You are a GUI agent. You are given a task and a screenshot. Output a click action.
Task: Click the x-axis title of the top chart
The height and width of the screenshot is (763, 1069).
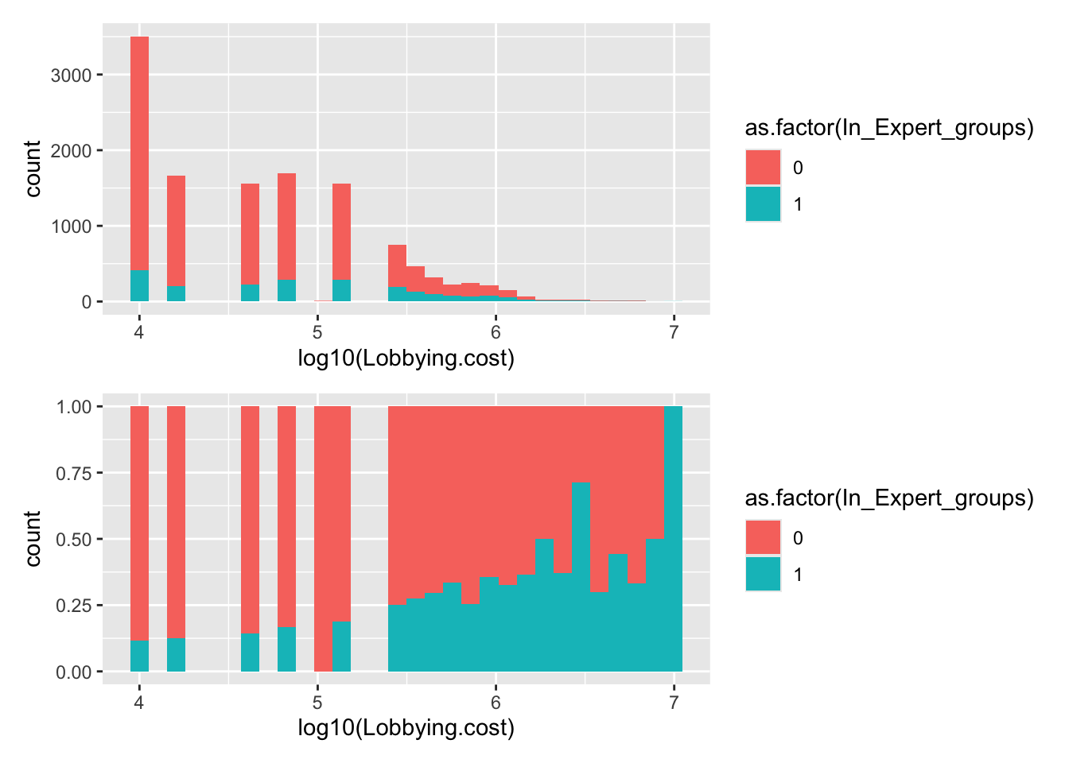click(x=406, y=358)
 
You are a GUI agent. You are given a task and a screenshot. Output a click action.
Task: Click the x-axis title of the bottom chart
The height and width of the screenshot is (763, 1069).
click(x=406, y=728)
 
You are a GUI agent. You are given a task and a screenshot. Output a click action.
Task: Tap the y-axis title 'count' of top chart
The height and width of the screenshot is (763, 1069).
click(x=33, y=168)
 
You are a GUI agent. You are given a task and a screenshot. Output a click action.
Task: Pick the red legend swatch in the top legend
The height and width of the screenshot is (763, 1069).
click(x=763, y=168)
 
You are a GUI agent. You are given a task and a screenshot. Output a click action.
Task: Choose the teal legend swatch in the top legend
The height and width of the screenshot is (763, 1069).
click(x=763, y=204)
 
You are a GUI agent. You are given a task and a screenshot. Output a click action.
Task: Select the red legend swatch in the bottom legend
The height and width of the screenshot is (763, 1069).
click(x=763, y=538)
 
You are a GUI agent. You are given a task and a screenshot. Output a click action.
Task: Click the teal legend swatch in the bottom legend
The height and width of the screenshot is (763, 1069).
click(x=763, y=575)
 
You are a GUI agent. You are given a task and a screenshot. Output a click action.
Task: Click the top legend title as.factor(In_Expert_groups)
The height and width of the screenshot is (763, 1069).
click(x=888, y=128)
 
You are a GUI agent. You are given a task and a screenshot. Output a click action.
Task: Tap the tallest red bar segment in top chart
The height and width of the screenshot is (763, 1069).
click(x=139, y=151)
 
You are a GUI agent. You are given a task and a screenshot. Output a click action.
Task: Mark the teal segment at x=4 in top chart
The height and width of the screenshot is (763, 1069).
click(x=139, y=286)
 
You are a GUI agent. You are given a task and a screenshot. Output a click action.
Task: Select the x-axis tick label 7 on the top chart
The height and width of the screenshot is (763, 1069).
click(x=674, y=331)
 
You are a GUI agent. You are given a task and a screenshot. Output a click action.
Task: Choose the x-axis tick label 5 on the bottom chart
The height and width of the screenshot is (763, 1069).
click(x=317, y=702)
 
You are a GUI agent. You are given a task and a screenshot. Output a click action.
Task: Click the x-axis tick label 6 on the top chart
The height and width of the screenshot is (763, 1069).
click(x=496, y=331)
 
